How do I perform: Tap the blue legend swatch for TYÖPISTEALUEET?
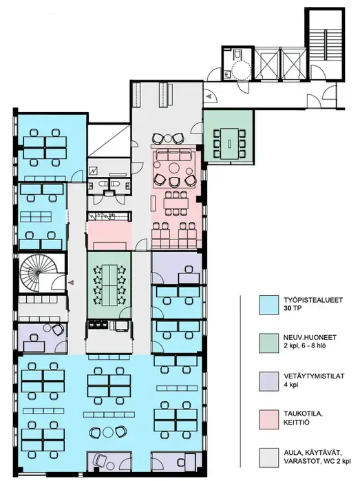tap(269, 305)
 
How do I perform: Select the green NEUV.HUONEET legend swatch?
tap(269, 343)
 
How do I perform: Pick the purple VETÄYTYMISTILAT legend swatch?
tap(269, 381)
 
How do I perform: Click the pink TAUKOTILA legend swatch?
tap(269, 419)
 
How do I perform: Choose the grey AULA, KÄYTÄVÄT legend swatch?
tap(269, 458)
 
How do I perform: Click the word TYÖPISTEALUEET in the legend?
tap(313, 300)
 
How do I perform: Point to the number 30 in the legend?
tap(288, 308)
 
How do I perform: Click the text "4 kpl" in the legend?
tap(290, 385)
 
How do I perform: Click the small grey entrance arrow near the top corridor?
tap(209, 96)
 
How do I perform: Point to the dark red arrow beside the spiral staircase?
tap(71, 282)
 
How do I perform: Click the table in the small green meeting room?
tap(230, 144)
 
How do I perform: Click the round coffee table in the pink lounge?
tap(175, 168)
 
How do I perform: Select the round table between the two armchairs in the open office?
tap(108, 432)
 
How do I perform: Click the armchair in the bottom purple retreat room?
tap(99, 460)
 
